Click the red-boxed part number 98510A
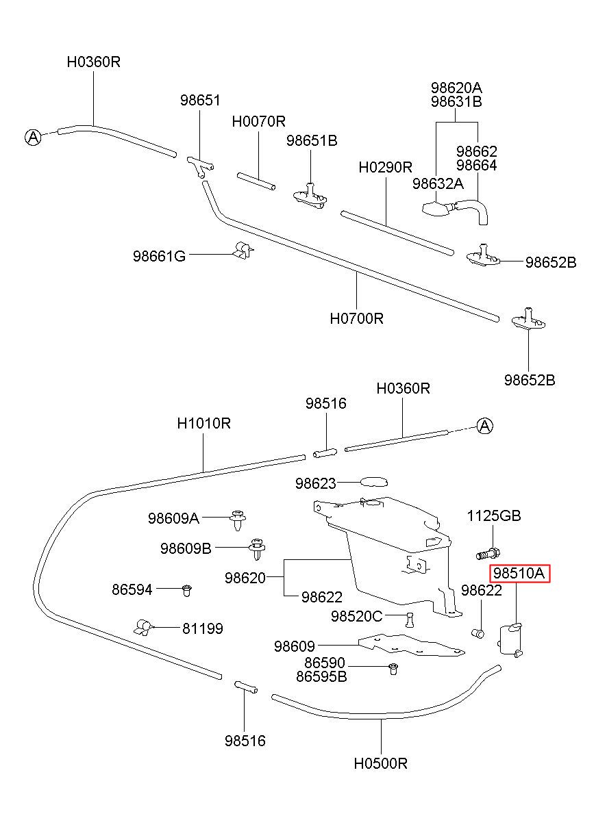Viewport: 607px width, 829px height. [519, 573]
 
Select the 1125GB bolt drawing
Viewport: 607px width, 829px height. [488, 554]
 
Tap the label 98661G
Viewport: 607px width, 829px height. [159, 256]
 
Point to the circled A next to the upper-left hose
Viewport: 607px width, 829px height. [33, 138]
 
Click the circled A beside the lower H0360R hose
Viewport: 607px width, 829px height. [484, 426]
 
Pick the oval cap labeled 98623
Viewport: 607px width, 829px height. [373, 482]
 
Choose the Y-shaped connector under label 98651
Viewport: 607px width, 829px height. [200, 166]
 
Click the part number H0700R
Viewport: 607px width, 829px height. [357, 318]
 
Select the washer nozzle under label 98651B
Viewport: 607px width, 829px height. [310, 196]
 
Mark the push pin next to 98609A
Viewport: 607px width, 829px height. [238, 520]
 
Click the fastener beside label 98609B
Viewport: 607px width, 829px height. [257, 549]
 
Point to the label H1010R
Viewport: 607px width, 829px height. [203, 423]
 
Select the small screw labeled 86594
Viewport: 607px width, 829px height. [187, 590]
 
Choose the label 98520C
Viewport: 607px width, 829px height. [357, 616]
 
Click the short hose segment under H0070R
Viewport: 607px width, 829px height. [256, 181]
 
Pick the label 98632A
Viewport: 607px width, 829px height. [438, 183]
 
